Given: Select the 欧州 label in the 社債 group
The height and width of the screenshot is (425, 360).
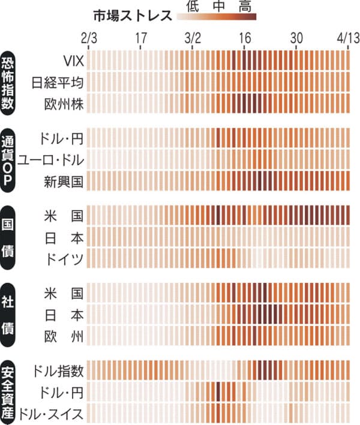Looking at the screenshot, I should click(63, 334).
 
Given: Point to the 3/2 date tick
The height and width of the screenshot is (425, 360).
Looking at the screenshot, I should click(193, 38).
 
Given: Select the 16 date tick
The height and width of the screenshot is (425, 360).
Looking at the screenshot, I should click(245, 38).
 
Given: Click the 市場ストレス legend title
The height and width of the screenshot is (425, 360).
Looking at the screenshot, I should click(133, 16).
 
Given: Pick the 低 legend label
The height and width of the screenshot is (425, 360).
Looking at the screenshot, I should click(192, 7).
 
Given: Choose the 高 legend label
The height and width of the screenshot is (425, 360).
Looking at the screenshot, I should click(244, 7).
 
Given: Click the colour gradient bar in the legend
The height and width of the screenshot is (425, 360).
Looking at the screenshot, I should click(217, 17).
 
